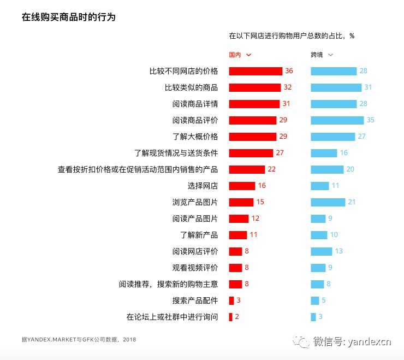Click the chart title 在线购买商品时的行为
[x=69, y=17]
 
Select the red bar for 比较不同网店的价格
[x=256, y=71]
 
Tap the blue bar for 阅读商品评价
[x=337, y=120]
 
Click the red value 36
[x=289, y=71]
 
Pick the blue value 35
[x=371, y=120]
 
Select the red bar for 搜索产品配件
[x=231, y=300]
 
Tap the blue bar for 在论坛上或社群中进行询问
[x=313, y=317]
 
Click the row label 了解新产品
[x=199, y=235]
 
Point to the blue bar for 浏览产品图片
[x=328, y=202]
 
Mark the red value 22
[x=271, y=169]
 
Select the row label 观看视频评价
[x=195, y=268]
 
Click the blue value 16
[x=343, y=153]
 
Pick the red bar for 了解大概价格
[x=252, y=137]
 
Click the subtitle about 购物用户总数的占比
[x=292, y=36]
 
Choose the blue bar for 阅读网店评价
[x=321, y=251]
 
